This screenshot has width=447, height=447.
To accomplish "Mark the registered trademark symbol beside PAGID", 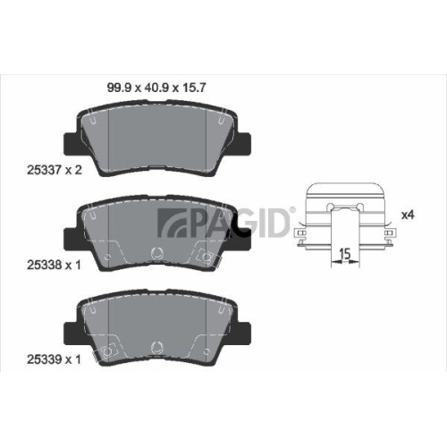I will click(x=291, y=208).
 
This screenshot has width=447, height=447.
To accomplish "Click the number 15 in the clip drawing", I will click(x=342, y=255).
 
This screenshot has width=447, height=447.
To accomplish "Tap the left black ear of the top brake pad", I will click(x=71, y=140).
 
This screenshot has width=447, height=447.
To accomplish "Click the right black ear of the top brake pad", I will click(x=242, y=140).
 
